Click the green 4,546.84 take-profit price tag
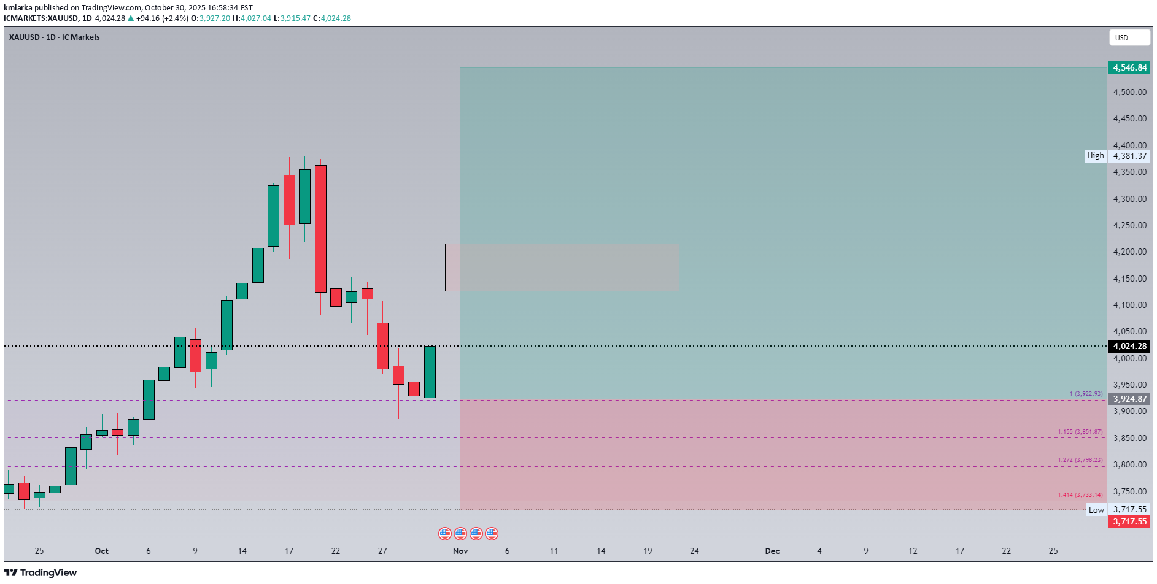click(1129, 68)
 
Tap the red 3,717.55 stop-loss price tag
click(1129, 521)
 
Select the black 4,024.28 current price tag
click(1129, 346)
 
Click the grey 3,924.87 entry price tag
click(1129, 399)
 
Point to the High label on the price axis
click(1095, 156)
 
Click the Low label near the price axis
click(1096, 510)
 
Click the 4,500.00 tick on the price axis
click(1129, 92)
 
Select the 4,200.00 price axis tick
click(1129, 252)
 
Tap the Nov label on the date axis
click(460, 551)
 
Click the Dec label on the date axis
click(772, 551)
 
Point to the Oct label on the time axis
click(102, 551)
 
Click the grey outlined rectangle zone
click(562, 267)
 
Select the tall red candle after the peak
click(320, 228)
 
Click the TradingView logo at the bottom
click(41, 572)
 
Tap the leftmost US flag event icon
click(445, 534)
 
